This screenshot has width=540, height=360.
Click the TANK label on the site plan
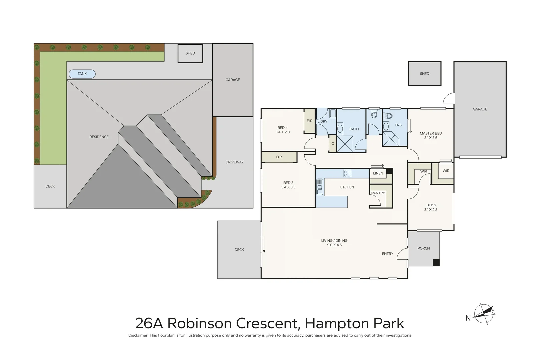pyautogui.click(x=82, y=74)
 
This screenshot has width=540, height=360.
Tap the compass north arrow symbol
pyautogui.click(x=484, y=314)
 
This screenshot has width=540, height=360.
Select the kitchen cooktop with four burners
pyautogui.click(x=347, y=173)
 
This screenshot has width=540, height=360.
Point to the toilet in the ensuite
pyautogui.click(x=388, y=116)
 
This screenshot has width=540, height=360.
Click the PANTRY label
pyautogui.click(x=378, y=193)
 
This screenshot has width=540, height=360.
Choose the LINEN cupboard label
pyautogui.click(x=378, y=173)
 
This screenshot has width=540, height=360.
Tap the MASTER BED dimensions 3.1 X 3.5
pyautogui.click(x=431, y=138)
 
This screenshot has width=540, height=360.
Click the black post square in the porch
pyautogui.click(x=436, y=263)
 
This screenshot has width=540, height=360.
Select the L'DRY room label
pyautogui.click(x=322, y=121)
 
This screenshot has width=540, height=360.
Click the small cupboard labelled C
pyautogui.click(x=332, y=144)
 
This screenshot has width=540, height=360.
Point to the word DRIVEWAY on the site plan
pyautogui.click(x=234, y=162)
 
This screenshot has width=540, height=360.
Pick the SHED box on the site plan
pyautogui.click(x=190, y=53)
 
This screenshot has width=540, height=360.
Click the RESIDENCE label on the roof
pyautogui.click(x=99, y=137)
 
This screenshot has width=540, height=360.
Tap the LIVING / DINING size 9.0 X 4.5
pyautogui.click(x=334, y=245)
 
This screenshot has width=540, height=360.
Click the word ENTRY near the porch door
pyautogui.click(x=387, y=254)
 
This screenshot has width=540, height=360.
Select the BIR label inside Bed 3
pyautogui.click(x=279, y=157)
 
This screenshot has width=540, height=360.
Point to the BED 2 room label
pyautogui.click(x=431, y=205)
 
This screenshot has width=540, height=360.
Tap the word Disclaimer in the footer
pyautogui.click(x=138, y=335)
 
